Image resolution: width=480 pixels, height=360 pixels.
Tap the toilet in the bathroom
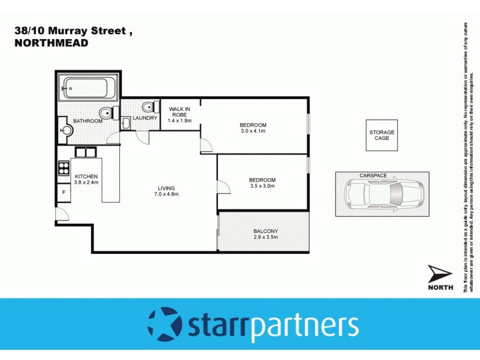(106, 112)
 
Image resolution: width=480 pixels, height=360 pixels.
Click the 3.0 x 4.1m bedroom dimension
(253, 131)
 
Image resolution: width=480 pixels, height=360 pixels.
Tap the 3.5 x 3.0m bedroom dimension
(262, 186)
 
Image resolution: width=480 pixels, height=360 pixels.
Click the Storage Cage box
(382, 135)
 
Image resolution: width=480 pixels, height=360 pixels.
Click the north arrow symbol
(440, 274)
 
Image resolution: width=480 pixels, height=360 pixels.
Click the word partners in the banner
(304, 326)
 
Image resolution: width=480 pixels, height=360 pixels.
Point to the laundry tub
(126, 123)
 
